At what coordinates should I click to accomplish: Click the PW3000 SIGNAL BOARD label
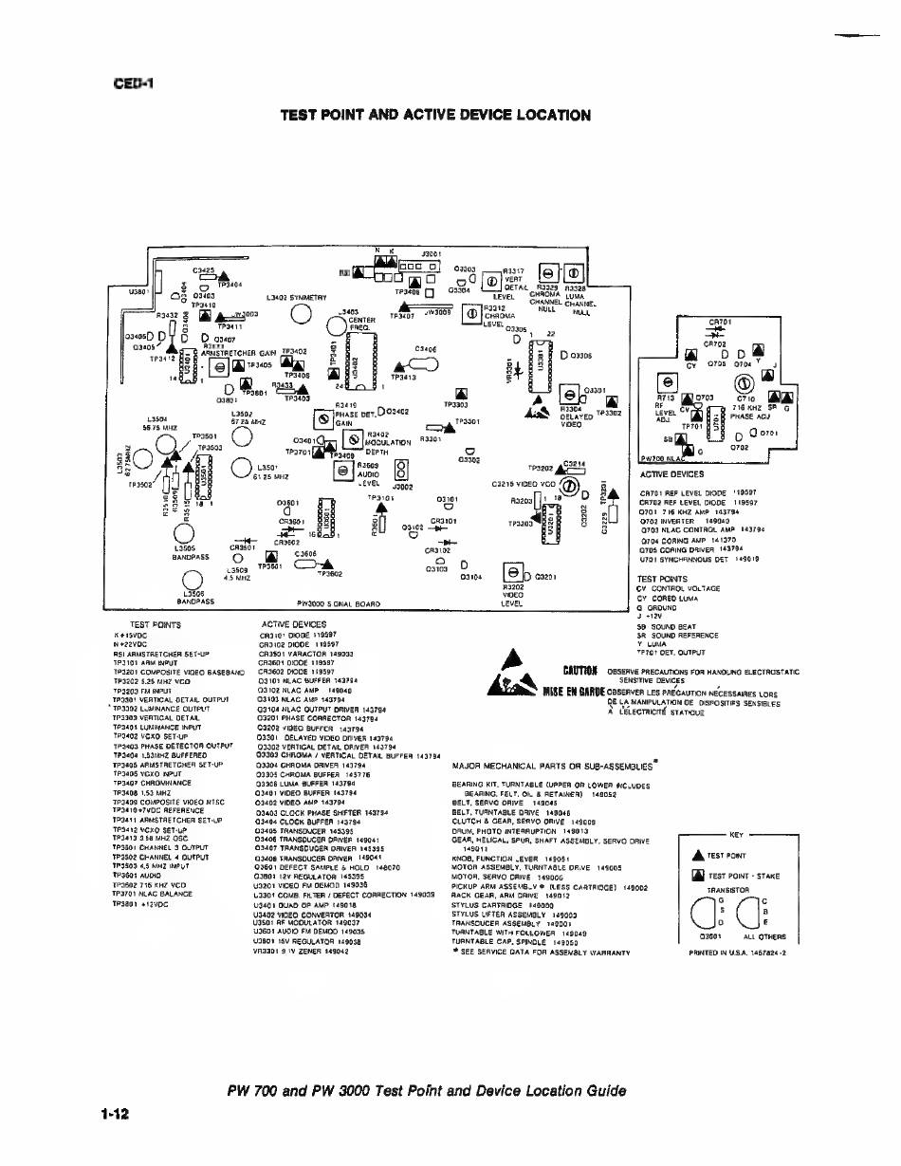[339, 602]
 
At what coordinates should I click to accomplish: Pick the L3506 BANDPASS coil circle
[194, 581]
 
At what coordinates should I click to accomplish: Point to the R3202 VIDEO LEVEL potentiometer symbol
[513, 574]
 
